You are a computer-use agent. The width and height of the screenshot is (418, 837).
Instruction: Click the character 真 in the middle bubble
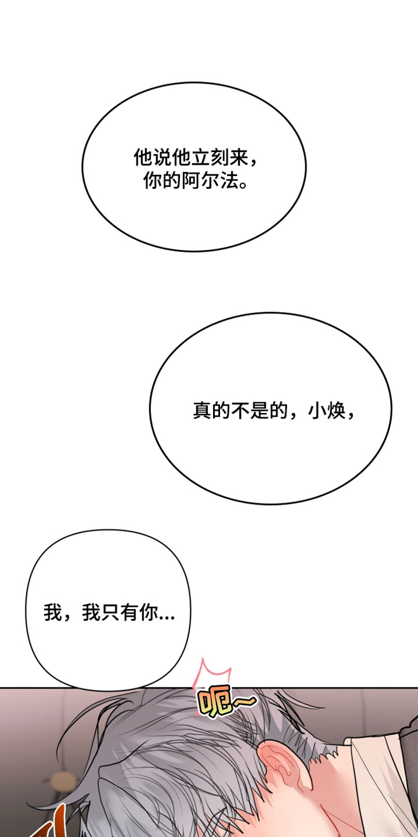click(202, 410)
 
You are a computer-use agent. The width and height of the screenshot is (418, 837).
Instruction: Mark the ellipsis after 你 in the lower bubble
click(167, 618)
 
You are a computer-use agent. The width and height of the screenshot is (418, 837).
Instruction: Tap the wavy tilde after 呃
click(244, 703)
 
